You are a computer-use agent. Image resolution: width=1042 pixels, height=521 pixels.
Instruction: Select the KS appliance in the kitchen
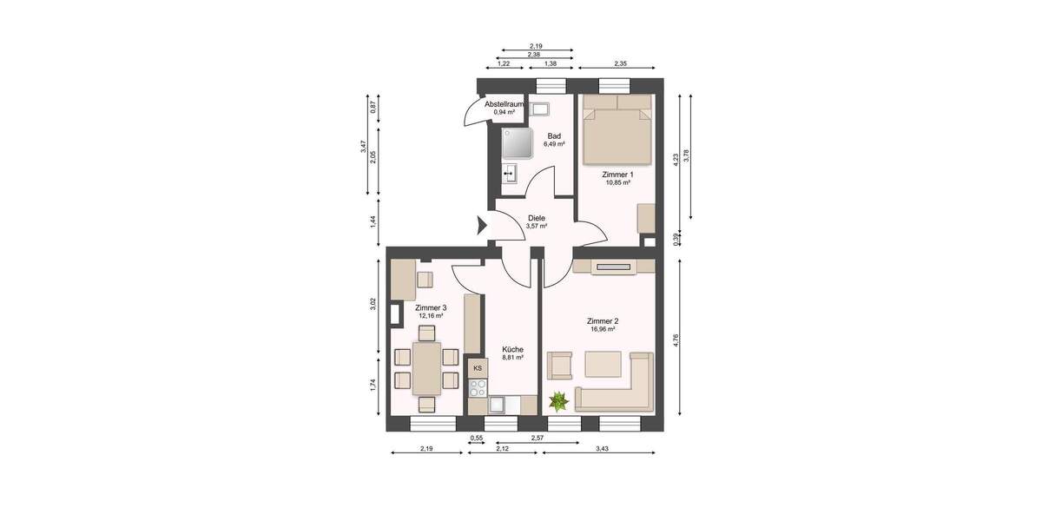coord(477,368)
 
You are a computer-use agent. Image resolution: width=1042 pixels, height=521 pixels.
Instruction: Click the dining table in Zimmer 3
coord(426,368)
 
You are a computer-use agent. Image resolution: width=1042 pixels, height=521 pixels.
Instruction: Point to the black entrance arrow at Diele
coord(481,228)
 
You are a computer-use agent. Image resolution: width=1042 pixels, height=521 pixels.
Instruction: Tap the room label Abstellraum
coord(504,104)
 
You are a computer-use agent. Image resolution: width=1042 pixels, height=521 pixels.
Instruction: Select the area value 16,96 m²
coord(603,330)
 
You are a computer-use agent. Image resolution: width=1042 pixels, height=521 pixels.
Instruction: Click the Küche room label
coord(512,349)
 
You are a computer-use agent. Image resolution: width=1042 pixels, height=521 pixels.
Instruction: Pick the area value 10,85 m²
coord(617,183)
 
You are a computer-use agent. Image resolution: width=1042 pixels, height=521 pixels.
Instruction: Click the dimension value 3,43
coord(603,448)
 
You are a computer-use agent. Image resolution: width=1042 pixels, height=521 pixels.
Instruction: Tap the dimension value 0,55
coord(476,439)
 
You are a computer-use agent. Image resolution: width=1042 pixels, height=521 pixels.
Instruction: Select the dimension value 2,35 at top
coord(620,63)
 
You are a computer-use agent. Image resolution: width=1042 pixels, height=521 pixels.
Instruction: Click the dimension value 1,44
coord(373,221)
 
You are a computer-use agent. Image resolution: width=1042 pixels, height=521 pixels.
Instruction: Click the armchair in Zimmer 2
coord(558,366)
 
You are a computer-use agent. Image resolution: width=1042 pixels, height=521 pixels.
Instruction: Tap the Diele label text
coord(537,218)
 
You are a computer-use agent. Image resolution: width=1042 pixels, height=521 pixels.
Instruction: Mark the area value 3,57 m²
coord(537,227)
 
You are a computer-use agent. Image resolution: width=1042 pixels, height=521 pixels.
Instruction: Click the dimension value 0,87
coord(373,108)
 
